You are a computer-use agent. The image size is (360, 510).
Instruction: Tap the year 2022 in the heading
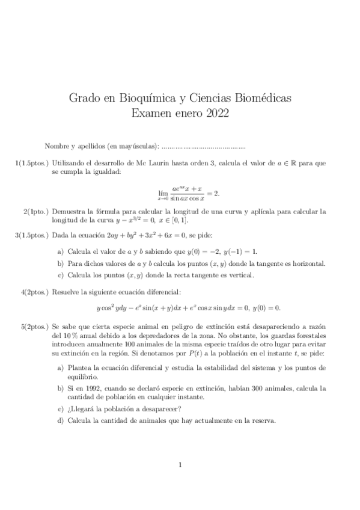tap(215, 112)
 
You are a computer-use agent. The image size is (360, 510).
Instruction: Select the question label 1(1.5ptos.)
tap(32, 163)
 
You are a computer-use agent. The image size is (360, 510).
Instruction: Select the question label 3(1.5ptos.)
tap(32, 235)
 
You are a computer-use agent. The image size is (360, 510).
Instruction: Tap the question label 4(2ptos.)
tap(36, 292)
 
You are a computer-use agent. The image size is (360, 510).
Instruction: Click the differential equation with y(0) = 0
tap(188, 309)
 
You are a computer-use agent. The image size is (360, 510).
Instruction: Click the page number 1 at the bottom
tap(180, 464)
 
